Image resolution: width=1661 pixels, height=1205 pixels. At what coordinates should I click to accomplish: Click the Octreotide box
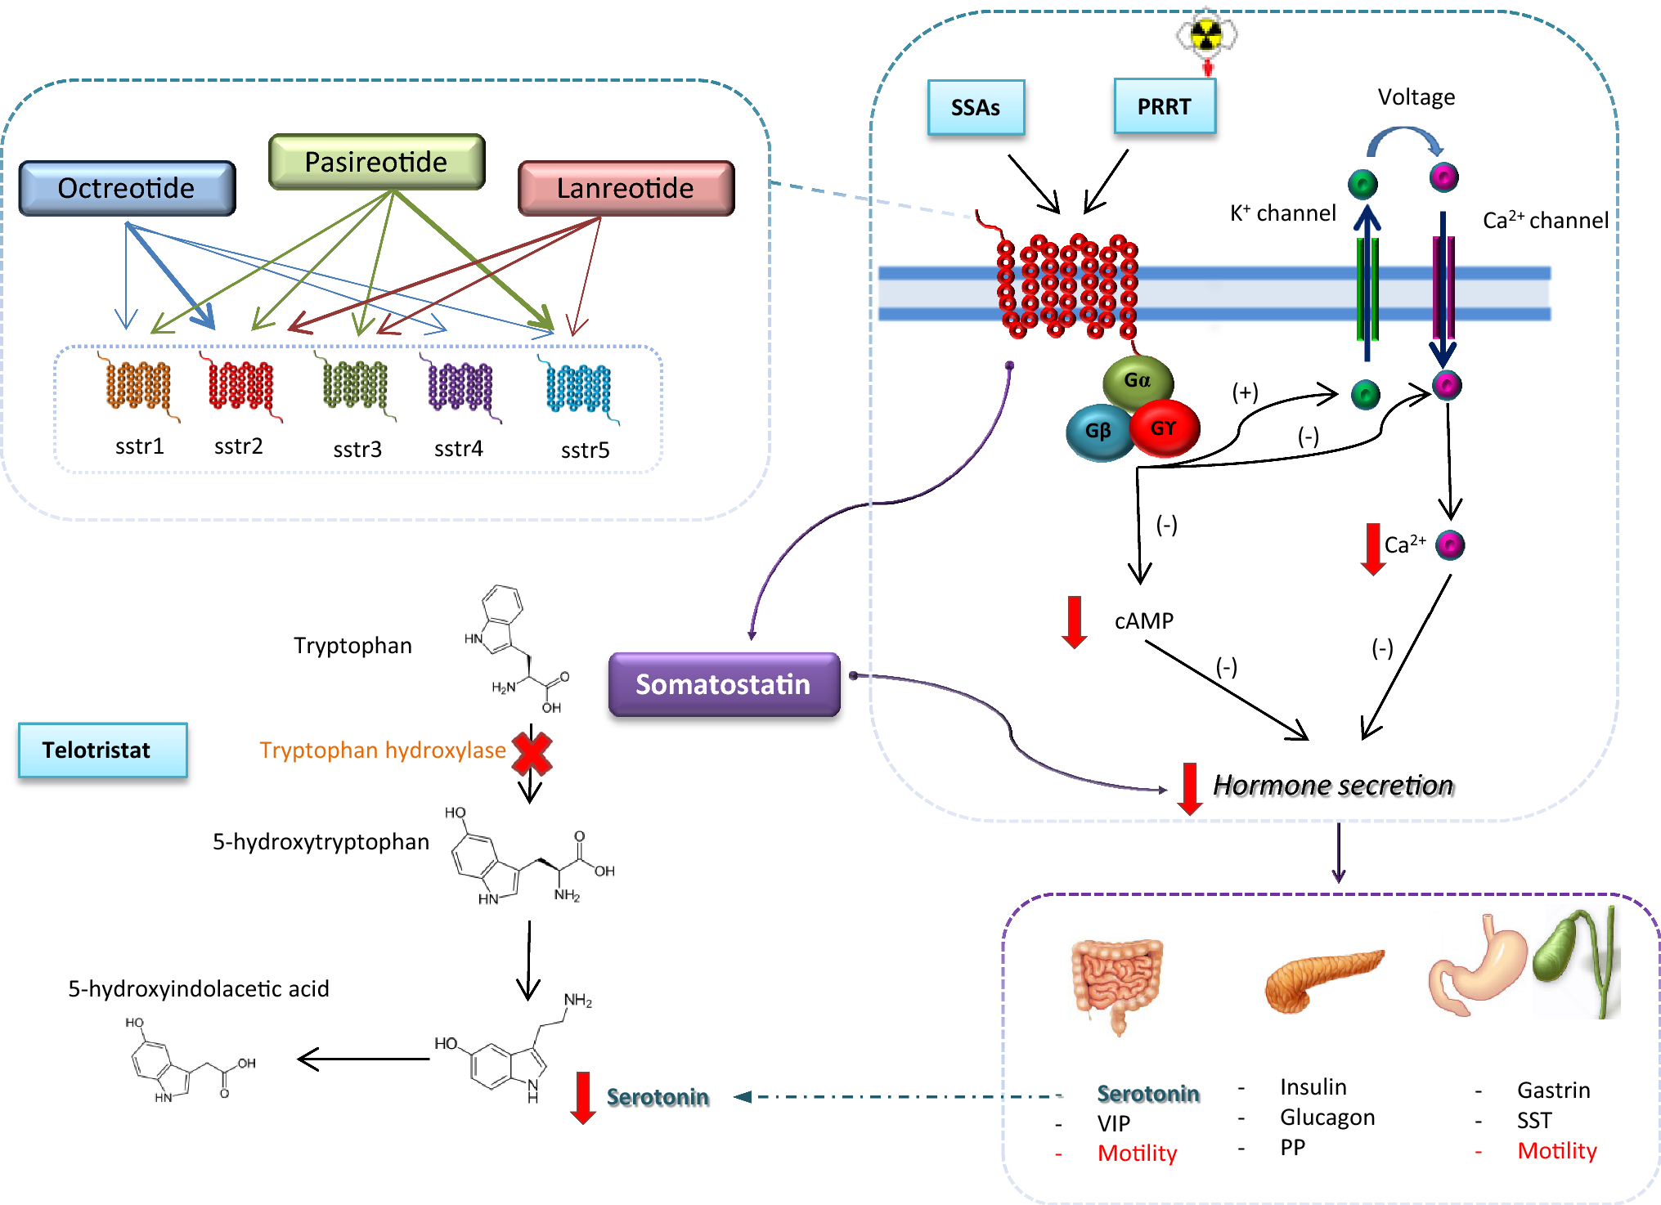pyautogui.click(x=127, y=188)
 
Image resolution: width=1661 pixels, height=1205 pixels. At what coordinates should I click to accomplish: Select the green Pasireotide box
pyautogui.click(x=376, y=162)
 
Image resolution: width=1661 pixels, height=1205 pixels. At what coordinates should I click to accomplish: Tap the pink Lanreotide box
pyautogui.click(x=626, y=188)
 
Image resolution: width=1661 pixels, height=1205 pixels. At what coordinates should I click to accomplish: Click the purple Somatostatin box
pyautogui.click(x=723, y=684)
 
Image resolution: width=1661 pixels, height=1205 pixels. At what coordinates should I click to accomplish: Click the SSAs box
pyautogui.click(x=975, y=107)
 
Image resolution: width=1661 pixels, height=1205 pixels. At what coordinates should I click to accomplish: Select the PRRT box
pyautogui.click(x=1164, y=106)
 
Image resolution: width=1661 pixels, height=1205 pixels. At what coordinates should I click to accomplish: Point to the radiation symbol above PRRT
pyautogui.click(x=1206, y=35)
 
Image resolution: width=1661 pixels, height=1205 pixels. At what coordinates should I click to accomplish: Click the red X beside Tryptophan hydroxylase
pyautogui.click(x=532, y=753)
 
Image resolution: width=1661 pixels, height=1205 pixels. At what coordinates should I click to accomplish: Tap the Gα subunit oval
pyautogui.click(x=1138, y=380)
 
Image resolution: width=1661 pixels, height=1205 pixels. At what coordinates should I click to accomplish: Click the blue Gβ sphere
pyautogui.click(x=1098, y=432)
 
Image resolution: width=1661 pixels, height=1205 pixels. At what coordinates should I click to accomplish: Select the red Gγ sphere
pyautogui.click(x=1164, y=428)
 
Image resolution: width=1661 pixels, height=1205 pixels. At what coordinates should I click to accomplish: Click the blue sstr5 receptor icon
pyautogui.click(x=579, y=388)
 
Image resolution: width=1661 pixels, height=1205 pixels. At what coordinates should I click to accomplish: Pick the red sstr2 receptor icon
pyautogui.click(x=240, y=386)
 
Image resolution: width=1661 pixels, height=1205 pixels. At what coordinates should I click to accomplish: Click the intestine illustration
pyautogui.click(x=1116, y=981)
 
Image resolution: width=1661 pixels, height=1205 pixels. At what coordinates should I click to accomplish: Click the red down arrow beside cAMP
pyautogui.click(x=1074, y=622)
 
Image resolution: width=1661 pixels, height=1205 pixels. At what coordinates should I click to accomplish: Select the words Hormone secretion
pyautogui.click(x=1333, y=786)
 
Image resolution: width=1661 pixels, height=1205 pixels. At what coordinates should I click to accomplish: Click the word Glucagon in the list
pyautogui.click(x=1327, y=1118)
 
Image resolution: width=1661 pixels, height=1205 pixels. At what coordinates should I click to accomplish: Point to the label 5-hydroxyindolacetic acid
pyautogui.click(x=198, y=989)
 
